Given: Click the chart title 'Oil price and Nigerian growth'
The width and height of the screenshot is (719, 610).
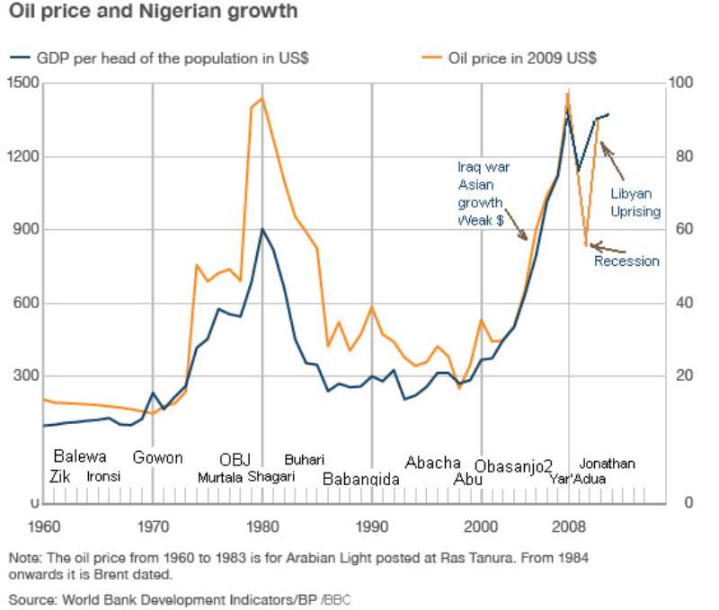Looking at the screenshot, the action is (x=153, y=11).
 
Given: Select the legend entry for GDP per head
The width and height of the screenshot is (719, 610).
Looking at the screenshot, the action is (x=159, y=58).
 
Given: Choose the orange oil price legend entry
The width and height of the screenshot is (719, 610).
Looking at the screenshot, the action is (x=509, y=57).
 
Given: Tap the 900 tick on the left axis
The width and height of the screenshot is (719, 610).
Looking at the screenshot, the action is (x=26, y=229).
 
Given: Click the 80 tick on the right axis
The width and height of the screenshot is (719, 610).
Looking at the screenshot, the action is (x=684, y=156).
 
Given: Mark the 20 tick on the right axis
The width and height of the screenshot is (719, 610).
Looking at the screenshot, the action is (x=684, y=376).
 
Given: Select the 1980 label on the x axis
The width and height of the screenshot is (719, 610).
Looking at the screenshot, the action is (x=262, y=526).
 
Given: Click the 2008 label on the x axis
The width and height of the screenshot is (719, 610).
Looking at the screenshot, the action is (x=569, y=526).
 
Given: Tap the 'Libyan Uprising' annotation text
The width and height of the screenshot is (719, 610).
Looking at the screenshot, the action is (x=635, y=202).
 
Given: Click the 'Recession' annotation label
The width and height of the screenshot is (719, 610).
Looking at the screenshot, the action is (x=626, y=261).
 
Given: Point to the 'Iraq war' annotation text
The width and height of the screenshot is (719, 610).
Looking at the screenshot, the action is (x=484, y=167).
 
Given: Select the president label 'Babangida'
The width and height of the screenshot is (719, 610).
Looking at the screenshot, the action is (x=361, y=480).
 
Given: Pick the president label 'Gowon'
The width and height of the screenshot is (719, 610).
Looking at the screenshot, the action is (x=158, y=457).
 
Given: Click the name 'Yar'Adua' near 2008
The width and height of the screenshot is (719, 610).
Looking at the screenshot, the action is (x=578, y=480).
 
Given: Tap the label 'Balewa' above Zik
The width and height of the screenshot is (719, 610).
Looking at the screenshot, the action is (x=80, y=456).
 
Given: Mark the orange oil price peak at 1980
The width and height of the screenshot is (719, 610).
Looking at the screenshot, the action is (x=262, y=98).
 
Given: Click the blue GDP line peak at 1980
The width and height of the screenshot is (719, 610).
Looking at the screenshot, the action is (x=262, y=229).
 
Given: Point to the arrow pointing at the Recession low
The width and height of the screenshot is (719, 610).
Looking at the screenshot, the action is (x=608, y=248).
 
